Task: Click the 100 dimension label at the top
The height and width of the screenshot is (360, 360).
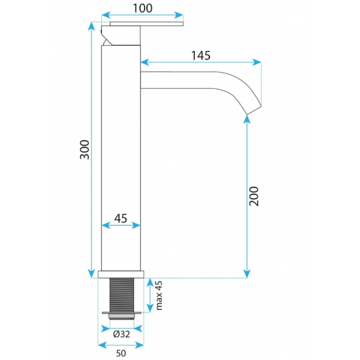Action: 143,8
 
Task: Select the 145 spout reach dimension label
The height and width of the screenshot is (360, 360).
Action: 200,56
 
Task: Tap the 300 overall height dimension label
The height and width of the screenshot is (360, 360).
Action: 85,149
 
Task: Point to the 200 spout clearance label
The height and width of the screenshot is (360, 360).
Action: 254,196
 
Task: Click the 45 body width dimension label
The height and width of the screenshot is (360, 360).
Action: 121,218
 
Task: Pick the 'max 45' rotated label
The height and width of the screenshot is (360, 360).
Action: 159,295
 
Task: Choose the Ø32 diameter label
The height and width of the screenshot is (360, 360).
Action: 121,334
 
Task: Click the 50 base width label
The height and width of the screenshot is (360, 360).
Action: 121,353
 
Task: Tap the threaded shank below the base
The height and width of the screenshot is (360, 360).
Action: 122,295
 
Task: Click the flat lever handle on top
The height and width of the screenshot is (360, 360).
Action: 146,24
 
